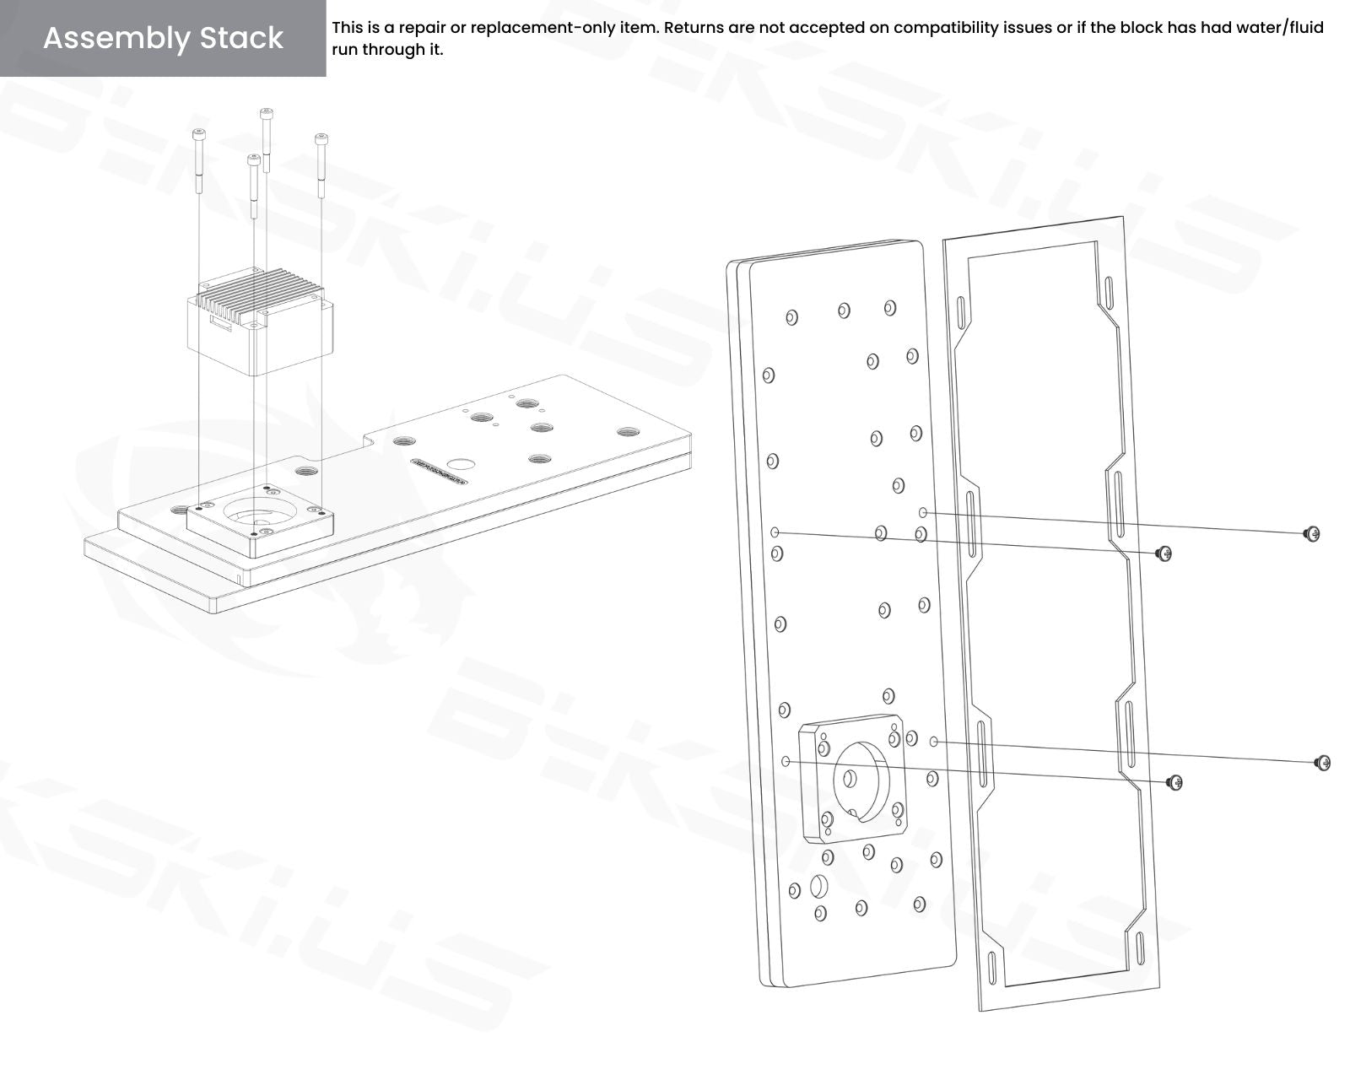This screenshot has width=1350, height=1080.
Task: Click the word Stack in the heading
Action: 241,38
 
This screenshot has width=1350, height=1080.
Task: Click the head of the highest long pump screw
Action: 267,113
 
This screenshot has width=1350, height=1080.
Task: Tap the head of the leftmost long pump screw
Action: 199,133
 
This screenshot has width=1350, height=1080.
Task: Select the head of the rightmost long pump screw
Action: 321,138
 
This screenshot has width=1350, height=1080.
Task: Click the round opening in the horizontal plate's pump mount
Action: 257,512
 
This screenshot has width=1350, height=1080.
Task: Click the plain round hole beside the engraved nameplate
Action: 462,465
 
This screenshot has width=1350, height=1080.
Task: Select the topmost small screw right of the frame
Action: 1312,534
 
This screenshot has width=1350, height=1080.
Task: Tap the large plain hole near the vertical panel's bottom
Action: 818,887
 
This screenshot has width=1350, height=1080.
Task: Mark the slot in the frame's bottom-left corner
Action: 991,969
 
